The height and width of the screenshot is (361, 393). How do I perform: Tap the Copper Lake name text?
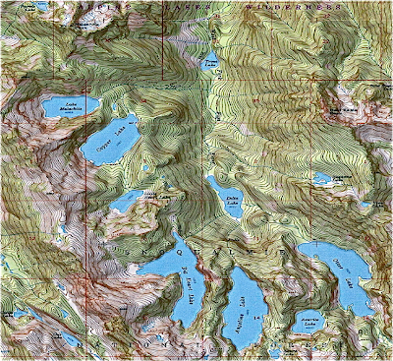click(x=116, y=144)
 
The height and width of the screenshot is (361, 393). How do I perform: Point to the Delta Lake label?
click(x=232, y=200)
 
